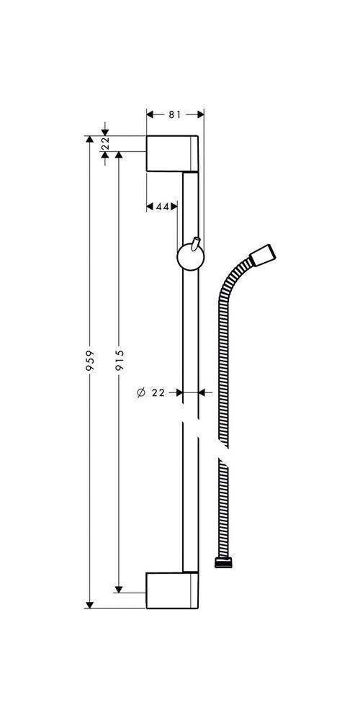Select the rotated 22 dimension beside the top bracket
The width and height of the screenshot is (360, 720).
(x=106, y=145)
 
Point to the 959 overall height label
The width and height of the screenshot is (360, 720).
(x=90, y=359)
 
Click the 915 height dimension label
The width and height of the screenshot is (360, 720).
(x=120, y=359)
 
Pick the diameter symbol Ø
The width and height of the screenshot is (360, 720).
(x=140, y=392)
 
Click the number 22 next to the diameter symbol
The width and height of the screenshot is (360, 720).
(x=159, y=392)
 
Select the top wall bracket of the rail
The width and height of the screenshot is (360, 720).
(x=172, y=153)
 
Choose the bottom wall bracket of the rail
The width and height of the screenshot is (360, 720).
(x=172, y=590)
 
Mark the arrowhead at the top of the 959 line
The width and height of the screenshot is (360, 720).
(x=90, y=139)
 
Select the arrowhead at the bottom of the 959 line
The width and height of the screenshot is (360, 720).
(x=90, y=604)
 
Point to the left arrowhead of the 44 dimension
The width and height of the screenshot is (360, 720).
(x=150, y=207)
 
